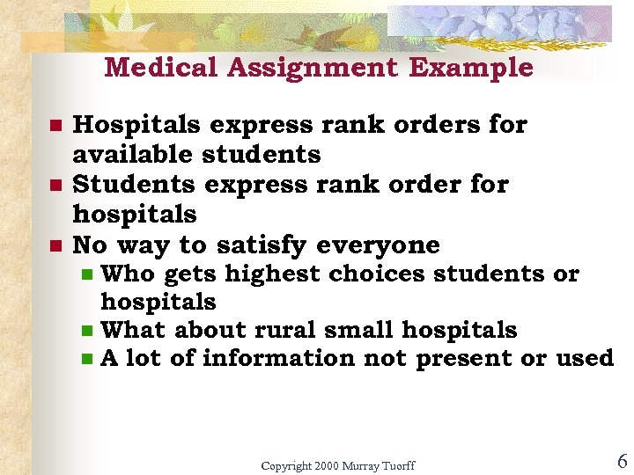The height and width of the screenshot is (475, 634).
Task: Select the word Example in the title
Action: [x=476, y=68]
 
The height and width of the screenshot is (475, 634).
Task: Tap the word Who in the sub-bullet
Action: [x=128, y=274]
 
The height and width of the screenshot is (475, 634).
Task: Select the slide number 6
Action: [x=622, y=461]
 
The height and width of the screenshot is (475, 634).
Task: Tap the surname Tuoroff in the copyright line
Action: [x=394, y=465]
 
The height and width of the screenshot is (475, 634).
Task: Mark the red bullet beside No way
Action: [x=55, y=245]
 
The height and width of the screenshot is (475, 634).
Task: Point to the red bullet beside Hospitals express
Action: [x=55, y=126]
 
